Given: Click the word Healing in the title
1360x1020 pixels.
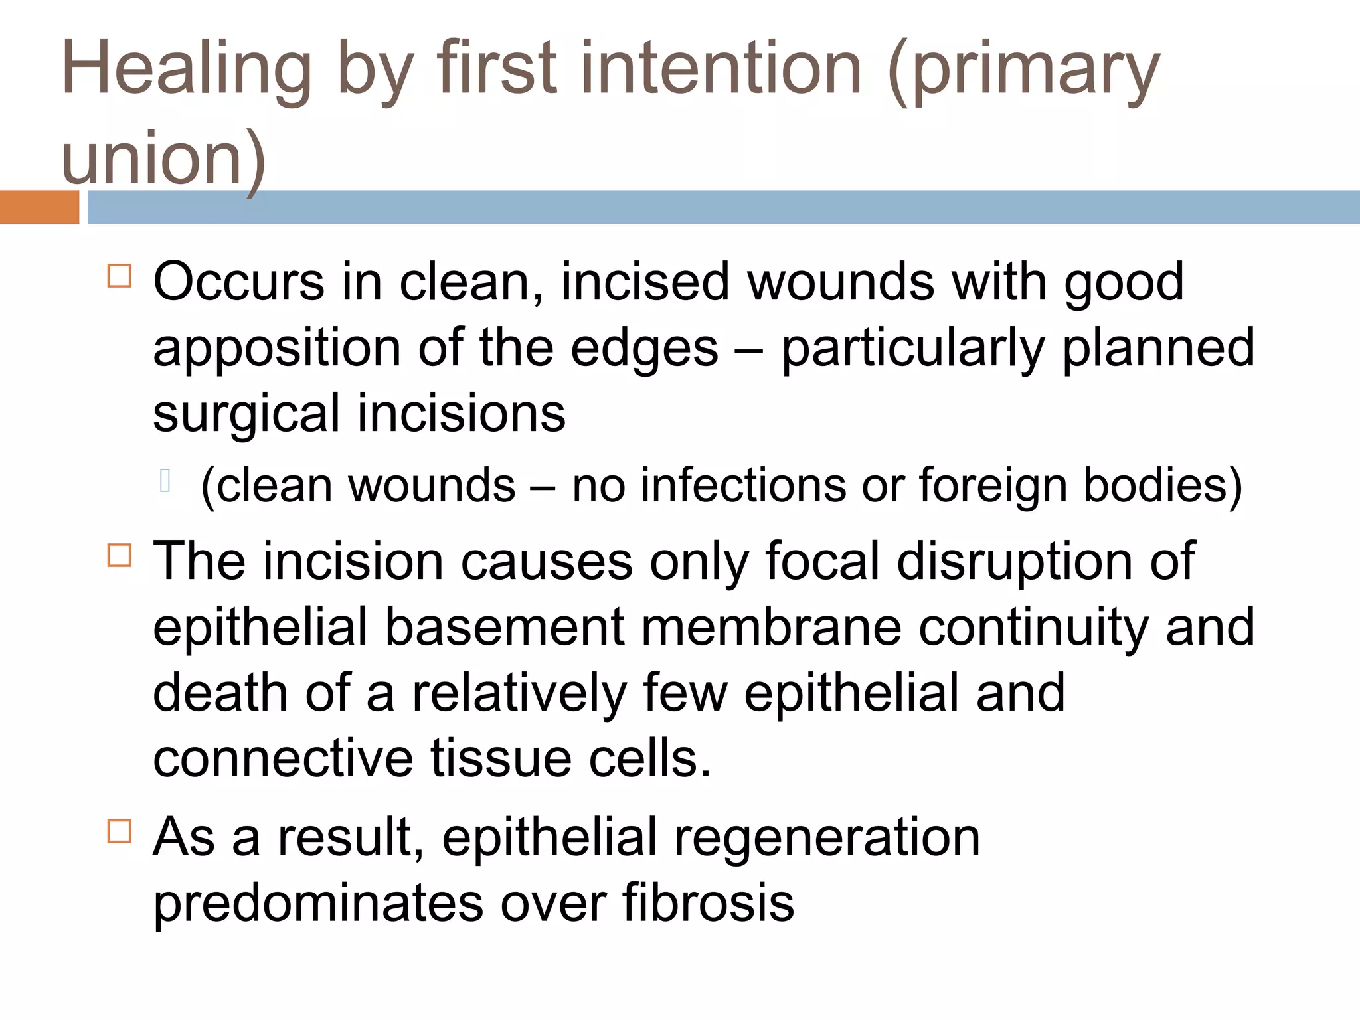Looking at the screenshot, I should (x=187, y=70).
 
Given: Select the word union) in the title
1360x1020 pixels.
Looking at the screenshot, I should (x=163, y=159).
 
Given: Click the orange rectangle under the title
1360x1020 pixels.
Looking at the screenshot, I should (x=39, y=207).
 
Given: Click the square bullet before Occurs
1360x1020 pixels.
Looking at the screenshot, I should (x=120, y=275).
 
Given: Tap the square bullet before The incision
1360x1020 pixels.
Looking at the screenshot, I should (x=120, y=554).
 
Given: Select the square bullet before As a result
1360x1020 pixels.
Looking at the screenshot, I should (x=120, y=831).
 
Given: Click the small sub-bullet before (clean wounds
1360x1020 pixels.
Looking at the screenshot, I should (x=166, y=480).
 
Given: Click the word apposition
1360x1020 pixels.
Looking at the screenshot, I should (x=277, y=348).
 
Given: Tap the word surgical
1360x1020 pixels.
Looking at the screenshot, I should (x=246, y=414).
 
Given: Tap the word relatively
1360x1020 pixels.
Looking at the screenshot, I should (x=519, y=693).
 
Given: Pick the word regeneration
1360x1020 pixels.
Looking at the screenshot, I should (x=827, y=837).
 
